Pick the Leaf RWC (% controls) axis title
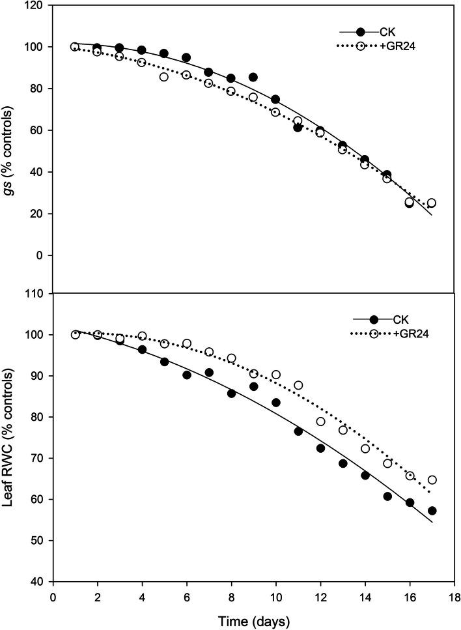(9, 438)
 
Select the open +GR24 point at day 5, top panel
(164, 77)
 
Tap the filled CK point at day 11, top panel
(298, 128)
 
